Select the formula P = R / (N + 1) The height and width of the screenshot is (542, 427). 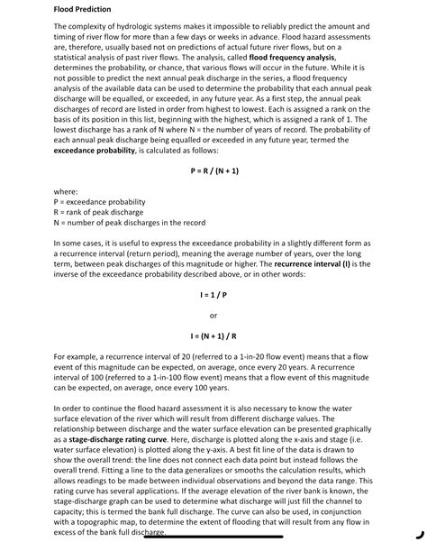coord(213,170)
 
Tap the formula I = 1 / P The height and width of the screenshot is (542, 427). coord(213,295)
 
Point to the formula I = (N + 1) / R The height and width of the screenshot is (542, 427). coord(213,336)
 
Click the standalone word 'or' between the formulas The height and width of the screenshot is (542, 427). coord(213,316)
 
